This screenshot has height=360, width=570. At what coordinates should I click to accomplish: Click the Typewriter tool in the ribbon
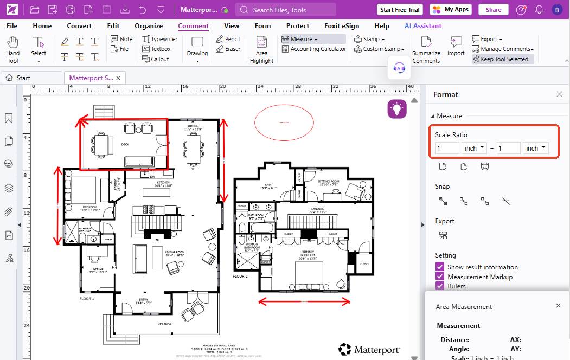(x=160, y=39)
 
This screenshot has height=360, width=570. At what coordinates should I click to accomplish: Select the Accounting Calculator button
(x=314, y=49)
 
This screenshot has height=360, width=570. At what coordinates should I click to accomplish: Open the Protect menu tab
(x=298, y=25)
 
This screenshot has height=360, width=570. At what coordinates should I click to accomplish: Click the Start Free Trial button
(x=400, y=10)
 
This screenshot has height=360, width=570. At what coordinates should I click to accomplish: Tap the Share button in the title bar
(x=494, y=10)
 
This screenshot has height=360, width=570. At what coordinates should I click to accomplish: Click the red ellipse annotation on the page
(x=285, y=123)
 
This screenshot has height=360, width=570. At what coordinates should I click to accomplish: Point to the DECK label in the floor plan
(x=125, y=144)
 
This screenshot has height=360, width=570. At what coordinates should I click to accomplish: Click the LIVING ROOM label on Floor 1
(x=175, y=253)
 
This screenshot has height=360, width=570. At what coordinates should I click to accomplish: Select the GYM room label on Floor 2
(x=268, y=184)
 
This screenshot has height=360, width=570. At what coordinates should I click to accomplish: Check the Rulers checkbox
(x=440, y=286)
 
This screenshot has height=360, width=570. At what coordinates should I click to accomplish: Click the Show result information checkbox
(x=440, y=267)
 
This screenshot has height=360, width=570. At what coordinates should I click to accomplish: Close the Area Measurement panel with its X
(x=558, y=306)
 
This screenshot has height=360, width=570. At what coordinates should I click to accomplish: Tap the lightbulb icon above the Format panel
(x=397, y=109)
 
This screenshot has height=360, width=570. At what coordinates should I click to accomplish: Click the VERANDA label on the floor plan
(x=164, y=324)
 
